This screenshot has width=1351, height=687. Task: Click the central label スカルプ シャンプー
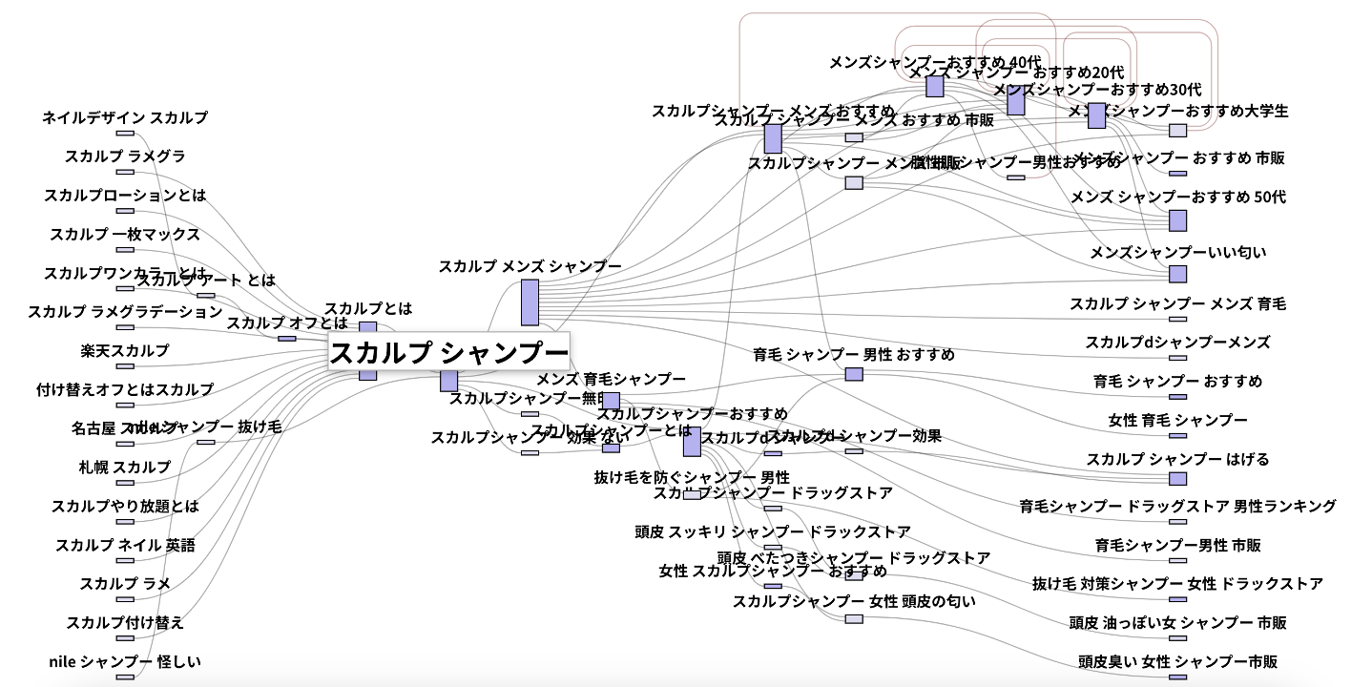(448, 353)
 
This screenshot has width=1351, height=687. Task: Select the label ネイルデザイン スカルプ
(125, 118)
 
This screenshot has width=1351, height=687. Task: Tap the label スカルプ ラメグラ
(125, 156)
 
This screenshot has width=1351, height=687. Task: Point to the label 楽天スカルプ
(125, 351)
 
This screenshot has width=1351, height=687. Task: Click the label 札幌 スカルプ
(125, 468)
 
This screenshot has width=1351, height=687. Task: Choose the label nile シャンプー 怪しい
(125, 661)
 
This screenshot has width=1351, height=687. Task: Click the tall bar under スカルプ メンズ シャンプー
(530, 302)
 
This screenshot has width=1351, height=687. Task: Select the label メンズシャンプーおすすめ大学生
(1178, 111)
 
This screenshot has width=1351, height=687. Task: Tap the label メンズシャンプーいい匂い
(1178, 253)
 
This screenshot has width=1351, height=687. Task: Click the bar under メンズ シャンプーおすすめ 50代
(1178, 220)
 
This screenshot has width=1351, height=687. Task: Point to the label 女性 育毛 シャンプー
(1178, 421)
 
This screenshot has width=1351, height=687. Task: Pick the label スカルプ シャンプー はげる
(1178, 459)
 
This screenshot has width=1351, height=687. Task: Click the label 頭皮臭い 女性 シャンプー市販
(1178, 661)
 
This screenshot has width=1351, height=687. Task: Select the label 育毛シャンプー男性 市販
(1178, 546)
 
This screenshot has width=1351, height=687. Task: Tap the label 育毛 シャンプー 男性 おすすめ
(854, 355)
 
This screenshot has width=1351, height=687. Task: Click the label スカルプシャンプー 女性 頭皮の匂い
(854, 602)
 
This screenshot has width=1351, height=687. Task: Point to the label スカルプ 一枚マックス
(125, 235)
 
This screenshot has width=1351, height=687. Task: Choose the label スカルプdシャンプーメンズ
(1178, 343)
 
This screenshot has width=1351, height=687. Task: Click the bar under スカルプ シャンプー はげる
(1178, 478)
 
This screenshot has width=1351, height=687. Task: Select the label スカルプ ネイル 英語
(125, 546)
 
